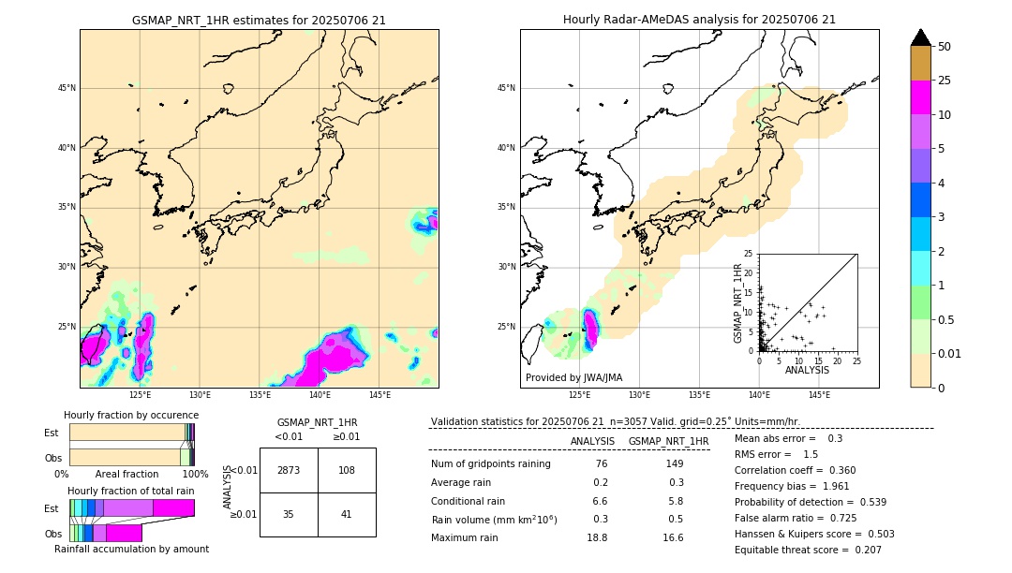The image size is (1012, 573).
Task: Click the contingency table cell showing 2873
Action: (288, 470)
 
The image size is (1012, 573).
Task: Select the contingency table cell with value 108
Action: (347, 470)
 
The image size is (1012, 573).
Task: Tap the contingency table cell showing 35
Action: (288, 514)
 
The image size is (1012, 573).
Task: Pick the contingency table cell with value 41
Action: (347, 514)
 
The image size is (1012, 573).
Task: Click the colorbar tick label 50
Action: (945, 47)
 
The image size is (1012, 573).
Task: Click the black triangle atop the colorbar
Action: (921, 37)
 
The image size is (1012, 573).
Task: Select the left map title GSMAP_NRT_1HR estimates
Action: (259, 20)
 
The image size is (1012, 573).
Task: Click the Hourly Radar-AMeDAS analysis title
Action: (699, 20)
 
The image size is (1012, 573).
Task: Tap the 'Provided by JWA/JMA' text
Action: (573, 377)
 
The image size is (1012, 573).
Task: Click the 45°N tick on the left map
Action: (67, 88)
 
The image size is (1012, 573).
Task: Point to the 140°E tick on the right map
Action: (759, 395)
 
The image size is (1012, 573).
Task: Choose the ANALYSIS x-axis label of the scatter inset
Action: (807, 371)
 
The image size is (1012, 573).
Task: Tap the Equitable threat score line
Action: (808, 550)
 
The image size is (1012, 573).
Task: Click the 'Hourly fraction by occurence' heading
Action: (131, 415)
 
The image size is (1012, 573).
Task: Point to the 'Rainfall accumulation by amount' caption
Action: (131, 549)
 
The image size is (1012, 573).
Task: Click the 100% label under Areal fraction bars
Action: (194, 475)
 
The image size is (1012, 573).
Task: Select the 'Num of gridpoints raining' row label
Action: (490, 463)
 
